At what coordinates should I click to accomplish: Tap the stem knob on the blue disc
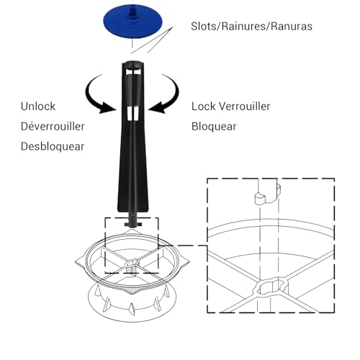[132, 12]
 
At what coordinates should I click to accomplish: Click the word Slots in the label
[204, 26]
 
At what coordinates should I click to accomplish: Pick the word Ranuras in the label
[292, 26]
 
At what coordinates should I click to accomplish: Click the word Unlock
[38, 107]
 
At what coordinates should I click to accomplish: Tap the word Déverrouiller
[53, 127]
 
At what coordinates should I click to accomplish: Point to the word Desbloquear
[53, 146]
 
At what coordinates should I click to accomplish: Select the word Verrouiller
[243, 107]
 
